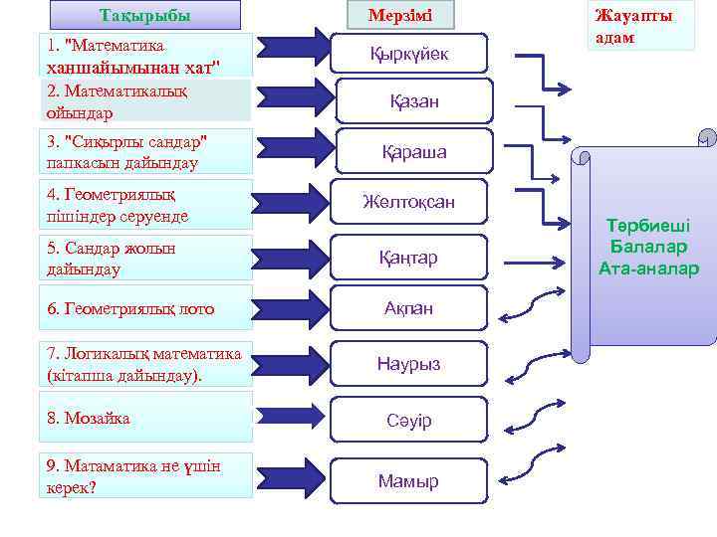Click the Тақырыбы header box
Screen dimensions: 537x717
145,15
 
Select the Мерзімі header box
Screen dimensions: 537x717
399,15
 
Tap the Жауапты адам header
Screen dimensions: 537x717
632,27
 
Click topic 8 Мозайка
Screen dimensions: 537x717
145,419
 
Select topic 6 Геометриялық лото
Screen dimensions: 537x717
145,309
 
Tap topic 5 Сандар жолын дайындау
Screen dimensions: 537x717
145,259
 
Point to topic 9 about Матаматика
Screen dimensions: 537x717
145,476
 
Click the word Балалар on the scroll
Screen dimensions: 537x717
648,248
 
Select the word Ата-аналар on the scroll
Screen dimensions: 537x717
648,268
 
